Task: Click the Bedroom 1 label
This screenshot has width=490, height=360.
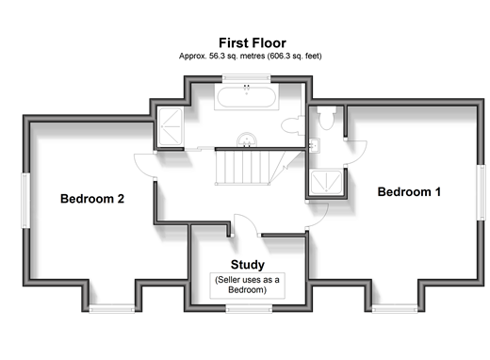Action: (409, 192)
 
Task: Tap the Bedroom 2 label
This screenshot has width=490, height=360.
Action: (92, 199)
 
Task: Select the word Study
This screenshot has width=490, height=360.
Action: (248, 265)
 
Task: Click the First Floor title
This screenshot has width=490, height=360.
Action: (253, 43)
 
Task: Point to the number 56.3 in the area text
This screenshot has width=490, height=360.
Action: (216, 57)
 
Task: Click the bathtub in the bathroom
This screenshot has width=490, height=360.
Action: (247, 97)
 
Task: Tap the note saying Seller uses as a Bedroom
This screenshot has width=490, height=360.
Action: (247, 285)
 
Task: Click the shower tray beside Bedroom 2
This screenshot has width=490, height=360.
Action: (171, 126)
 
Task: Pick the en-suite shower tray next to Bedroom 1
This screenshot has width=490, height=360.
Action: (326, 183)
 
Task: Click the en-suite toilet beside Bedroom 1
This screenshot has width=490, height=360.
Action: (326, 118)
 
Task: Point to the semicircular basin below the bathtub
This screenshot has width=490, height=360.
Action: (247, 140)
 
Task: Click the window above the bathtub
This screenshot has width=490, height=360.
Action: (247, 78)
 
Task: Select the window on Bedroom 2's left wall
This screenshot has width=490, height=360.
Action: (25, 201)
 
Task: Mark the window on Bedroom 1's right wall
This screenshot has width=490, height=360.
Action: (481, 192)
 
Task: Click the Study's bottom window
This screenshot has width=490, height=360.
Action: (249, 309)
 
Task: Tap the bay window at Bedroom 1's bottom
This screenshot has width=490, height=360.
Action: (395, 309)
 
